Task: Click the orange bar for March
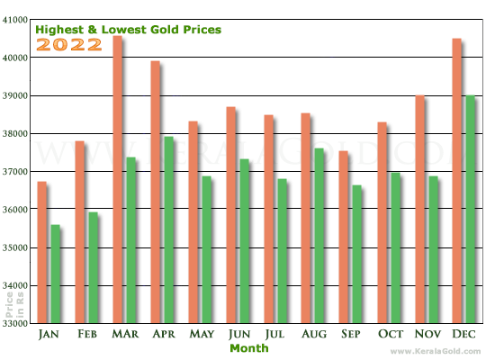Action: pyautogui.click(x=117, y=180)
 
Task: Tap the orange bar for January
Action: pyautogui.click(x=41, y=253)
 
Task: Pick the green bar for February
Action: pyautogui.click(x=93, y=267)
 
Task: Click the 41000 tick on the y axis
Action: pyautogui.click(x=16, y=19)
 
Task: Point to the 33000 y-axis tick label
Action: pyautogui.click(x=16, y=323)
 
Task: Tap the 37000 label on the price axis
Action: pyautogui.click(x=16, y=171)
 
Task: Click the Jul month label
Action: pyautogui.click(x=276, y=334)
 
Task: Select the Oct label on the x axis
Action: pyautogui.click(x=391, y=334)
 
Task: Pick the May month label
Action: pyautogui.click(x=201, y=334)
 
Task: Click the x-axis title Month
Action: pyautogui.click(x=248, y=348)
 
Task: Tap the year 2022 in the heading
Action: pyautogui.click(x=68, y=44)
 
